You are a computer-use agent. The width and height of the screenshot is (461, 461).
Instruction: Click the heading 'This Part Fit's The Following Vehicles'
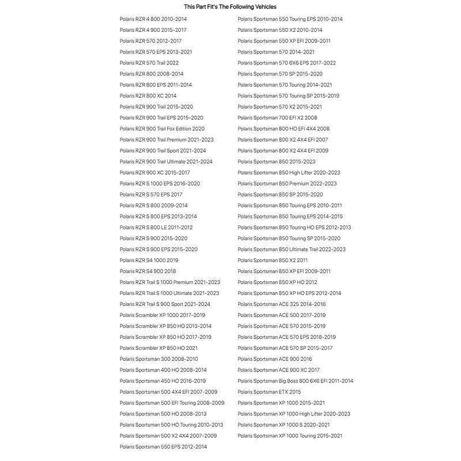[x=230, y=7]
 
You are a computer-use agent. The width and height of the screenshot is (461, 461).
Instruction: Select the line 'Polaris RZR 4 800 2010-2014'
[x=153, y=19]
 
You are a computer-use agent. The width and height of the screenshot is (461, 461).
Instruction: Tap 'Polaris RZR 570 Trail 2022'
[x=149, y=63]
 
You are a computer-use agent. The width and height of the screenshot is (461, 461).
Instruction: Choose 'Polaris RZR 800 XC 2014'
[x=148, y=96]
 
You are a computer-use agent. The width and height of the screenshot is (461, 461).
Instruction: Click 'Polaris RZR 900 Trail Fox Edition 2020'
[x=162, y=129]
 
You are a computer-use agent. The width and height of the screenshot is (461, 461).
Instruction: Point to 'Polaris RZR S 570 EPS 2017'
[x=151, y=194]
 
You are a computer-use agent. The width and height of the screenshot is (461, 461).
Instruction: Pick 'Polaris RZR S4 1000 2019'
[x=149, y=260]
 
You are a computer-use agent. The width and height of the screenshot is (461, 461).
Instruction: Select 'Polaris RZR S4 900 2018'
[x=148, y=271]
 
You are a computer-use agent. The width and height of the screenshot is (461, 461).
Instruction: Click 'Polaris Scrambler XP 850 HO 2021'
[x=158, y=348]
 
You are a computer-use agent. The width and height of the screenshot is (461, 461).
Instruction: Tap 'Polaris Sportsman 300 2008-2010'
[x=158, y=359]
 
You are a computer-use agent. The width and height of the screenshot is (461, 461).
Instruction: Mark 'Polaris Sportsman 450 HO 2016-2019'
[x=163, y=381]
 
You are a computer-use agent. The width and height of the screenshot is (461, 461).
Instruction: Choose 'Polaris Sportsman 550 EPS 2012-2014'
[x=163, y=447]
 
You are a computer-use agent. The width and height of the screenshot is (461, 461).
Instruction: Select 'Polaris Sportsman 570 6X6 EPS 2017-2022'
[x=286, y=63]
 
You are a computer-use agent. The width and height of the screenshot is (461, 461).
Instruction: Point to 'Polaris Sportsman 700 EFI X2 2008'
[x=277, y=118]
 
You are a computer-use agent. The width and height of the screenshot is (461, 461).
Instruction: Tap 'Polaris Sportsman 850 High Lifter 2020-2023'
[x=289, y=172]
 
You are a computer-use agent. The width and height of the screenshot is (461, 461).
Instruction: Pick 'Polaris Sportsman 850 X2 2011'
[x=273, y=260]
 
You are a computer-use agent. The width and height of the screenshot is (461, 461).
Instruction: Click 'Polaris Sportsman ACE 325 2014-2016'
[x=281, y=304]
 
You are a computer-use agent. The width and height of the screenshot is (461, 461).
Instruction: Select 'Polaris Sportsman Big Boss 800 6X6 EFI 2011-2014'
[x=296, y=381]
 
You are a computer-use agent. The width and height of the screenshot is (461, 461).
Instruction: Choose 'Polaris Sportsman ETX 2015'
[x=269, y=392]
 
